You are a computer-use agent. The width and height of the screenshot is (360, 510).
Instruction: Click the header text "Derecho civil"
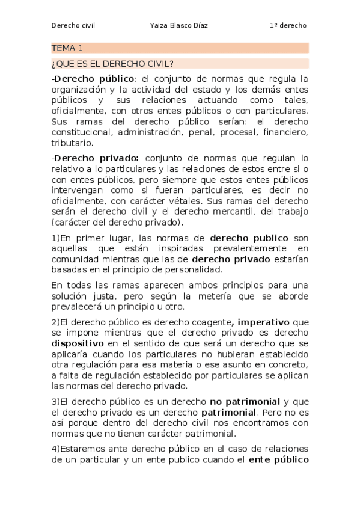click(x=73, y=26)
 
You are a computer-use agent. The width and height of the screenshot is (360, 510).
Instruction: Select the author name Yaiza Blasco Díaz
click(x=180, y=26)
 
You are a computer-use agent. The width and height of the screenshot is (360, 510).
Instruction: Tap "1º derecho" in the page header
click(x=288, y=26)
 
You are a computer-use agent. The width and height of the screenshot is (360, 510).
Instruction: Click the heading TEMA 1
click(x=67, y=48)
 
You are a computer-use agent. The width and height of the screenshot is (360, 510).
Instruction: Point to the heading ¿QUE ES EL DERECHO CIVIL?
click(x=114, y=63)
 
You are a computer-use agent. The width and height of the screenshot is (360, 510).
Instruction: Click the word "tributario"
click(x=72, y=143)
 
